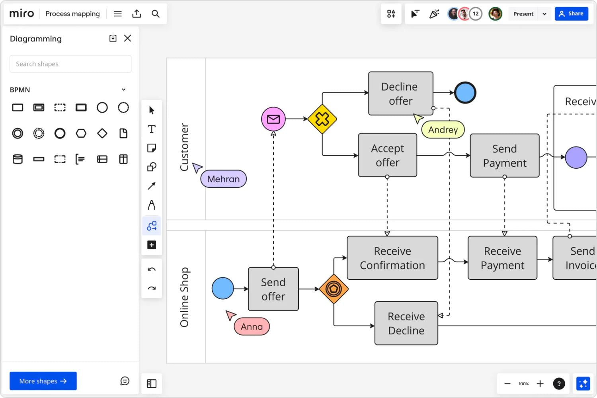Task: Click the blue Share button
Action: [x=571, y=14]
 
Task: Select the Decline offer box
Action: [x=400, y=94]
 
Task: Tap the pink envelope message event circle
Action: [x=273, y=119]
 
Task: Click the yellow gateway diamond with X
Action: [x=322, y=119]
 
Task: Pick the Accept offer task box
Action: [x=387, y=155]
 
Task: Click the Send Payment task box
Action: [x=504, y=156]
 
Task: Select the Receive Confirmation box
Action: [x=392, y=258]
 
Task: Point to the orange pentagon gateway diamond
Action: [x=334, y=289]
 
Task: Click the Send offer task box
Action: [x=273, y=289]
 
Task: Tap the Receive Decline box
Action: [x=406, y=323]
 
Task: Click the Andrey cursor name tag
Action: [x=443, y=130]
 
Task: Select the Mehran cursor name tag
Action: [x=223, y=179]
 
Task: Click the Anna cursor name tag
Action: [x=252, y=327]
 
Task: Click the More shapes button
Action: [x=43, y=381]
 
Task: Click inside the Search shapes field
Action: [x=70, y=64]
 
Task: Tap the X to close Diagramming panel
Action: [x=127, y=38]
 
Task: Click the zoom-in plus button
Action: [x=540, y=384]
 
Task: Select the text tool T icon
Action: [x=152, y=129]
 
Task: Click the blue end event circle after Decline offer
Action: [x=465, y=93]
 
